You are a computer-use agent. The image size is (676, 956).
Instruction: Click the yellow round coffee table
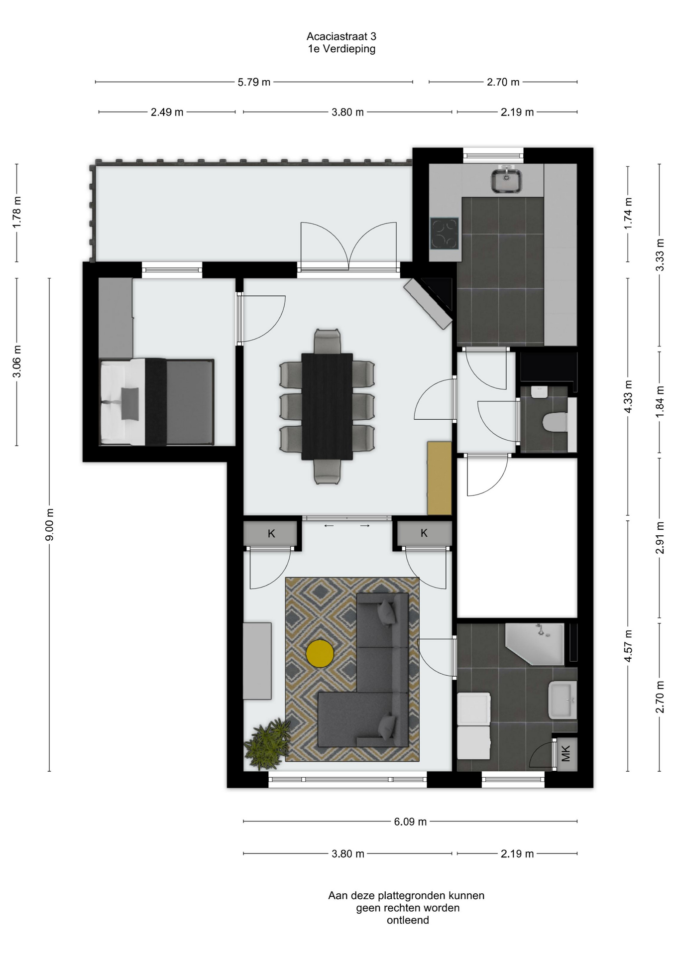320,653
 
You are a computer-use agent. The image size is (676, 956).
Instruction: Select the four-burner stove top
444,233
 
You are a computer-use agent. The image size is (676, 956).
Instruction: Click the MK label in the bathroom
565,754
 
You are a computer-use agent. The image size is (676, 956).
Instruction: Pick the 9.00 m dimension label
49,525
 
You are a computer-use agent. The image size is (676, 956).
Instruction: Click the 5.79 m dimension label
254,82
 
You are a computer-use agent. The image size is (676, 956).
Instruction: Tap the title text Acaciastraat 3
341,36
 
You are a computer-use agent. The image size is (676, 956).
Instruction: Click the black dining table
327,406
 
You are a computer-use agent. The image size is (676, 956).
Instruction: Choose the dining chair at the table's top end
328,341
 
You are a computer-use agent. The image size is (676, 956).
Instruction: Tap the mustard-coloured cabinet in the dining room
440,478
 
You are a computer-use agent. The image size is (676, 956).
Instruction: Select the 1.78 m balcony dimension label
17,213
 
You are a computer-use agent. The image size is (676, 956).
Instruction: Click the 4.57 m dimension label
628,646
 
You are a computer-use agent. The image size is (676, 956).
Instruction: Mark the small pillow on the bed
130,404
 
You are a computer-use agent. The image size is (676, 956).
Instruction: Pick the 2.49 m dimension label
167,113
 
